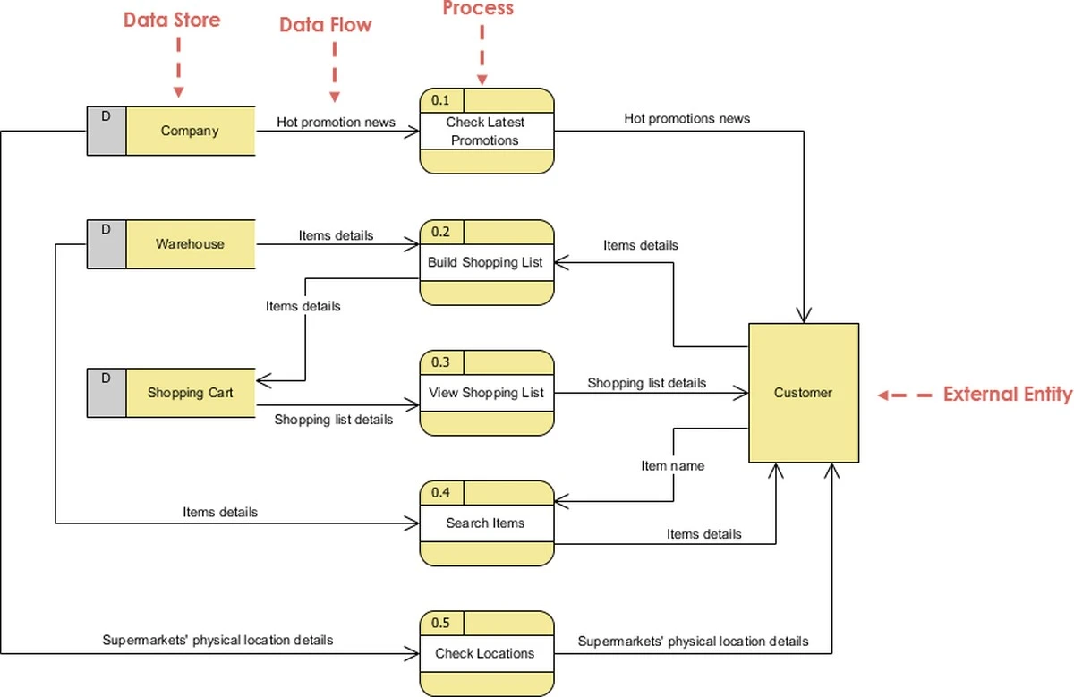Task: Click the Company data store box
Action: (x=190, y=131)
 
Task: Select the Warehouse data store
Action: (x=190, y=243)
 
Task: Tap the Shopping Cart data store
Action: (x=190, y=392)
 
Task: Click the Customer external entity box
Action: (x=803, y=392)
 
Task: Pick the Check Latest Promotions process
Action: (x=486, y=131)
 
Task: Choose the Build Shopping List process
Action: (x=486, y=262)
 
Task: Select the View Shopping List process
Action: (x=486, y=392)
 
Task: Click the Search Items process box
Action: (x=486, y=523)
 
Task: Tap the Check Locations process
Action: (x=486, y=653)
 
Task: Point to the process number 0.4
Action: (x=441, y=492)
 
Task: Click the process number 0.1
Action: (x=441, y=99)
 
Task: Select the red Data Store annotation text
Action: (x=172, y=20)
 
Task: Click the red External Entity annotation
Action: (x=1007, y=394)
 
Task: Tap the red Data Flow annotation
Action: (x=325, y=25)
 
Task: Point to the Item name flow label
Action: (x=672, y=465)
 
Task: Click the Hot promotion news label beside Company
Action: (x=336, y=122)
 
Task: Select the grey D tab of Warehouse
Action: (x=107, y=243)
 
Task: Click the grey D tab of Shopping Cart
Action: (x=107, y=392)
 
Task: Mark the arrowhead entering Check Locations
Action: (x=413, y=653)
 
